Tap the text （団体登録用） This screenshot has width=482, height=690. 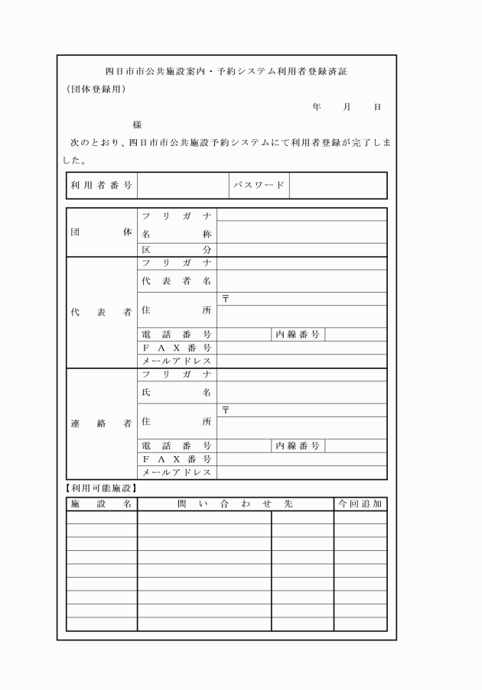tap(96, 89)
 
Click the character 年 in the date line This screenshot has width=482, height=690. tap(316, 107)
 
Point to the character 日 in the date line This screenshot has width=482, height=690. tap(376, 107)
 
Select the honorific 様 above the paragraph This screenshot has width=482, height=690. tap(138, 125)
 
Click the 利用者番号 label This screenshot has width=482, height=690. tap(102, 185)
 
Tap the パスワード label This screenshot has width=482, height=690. tap(259, 185)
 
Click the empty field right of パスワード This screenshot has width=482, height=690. tap(338, 185)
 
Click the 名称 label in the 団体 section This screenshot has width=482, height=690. tap(177, 235)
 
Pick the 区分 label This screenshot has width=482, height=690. tap(177, 250)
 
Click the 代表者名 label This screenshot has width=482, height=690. tap(177, 280)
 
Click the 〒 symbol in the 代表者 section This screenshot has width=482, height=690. tap(226, 299)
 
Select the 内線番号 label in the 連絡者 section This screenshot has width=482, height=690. tap(298, 445)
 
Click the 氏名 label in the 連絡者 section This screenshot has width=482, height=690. tap(177, 392)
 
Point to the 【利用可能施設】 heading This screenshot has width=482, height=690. tap(100, 488)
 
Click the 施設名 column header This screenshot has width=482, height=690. tap(102, 504)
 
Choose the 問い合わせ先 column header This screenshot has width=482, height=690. tap(236, 504)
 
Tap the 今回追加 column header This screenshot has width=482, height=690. tap(360, 504)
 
